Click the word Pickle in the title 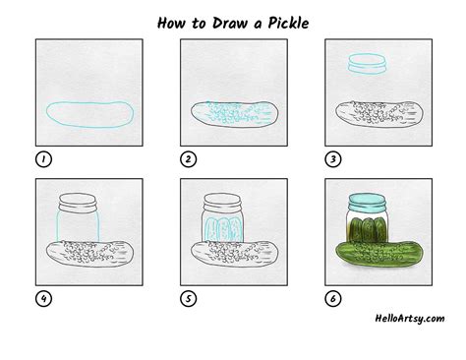click(288, 24)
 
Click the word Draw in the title click(229, 24)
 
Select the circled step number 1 click(43, 159)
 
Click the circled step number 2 click(189, 159)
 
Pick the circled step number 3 click(333, 159)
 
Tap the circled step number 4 click(43, 299)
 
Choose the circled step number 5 click(189, 299)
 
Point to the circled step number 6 click(333, 299)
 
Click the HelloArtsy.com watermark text click(410, 319)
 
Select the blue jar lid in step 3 click(368, 63)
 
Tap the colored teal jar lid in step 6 click(367, 203)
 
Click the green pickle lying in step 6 click(379, 254)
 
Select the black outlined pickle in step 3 click(379, 114)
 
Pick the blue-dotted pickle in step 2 click(235, 114)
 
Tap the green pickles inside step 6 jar click(369, 229)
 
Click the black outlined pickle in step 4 click(89, 254)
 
